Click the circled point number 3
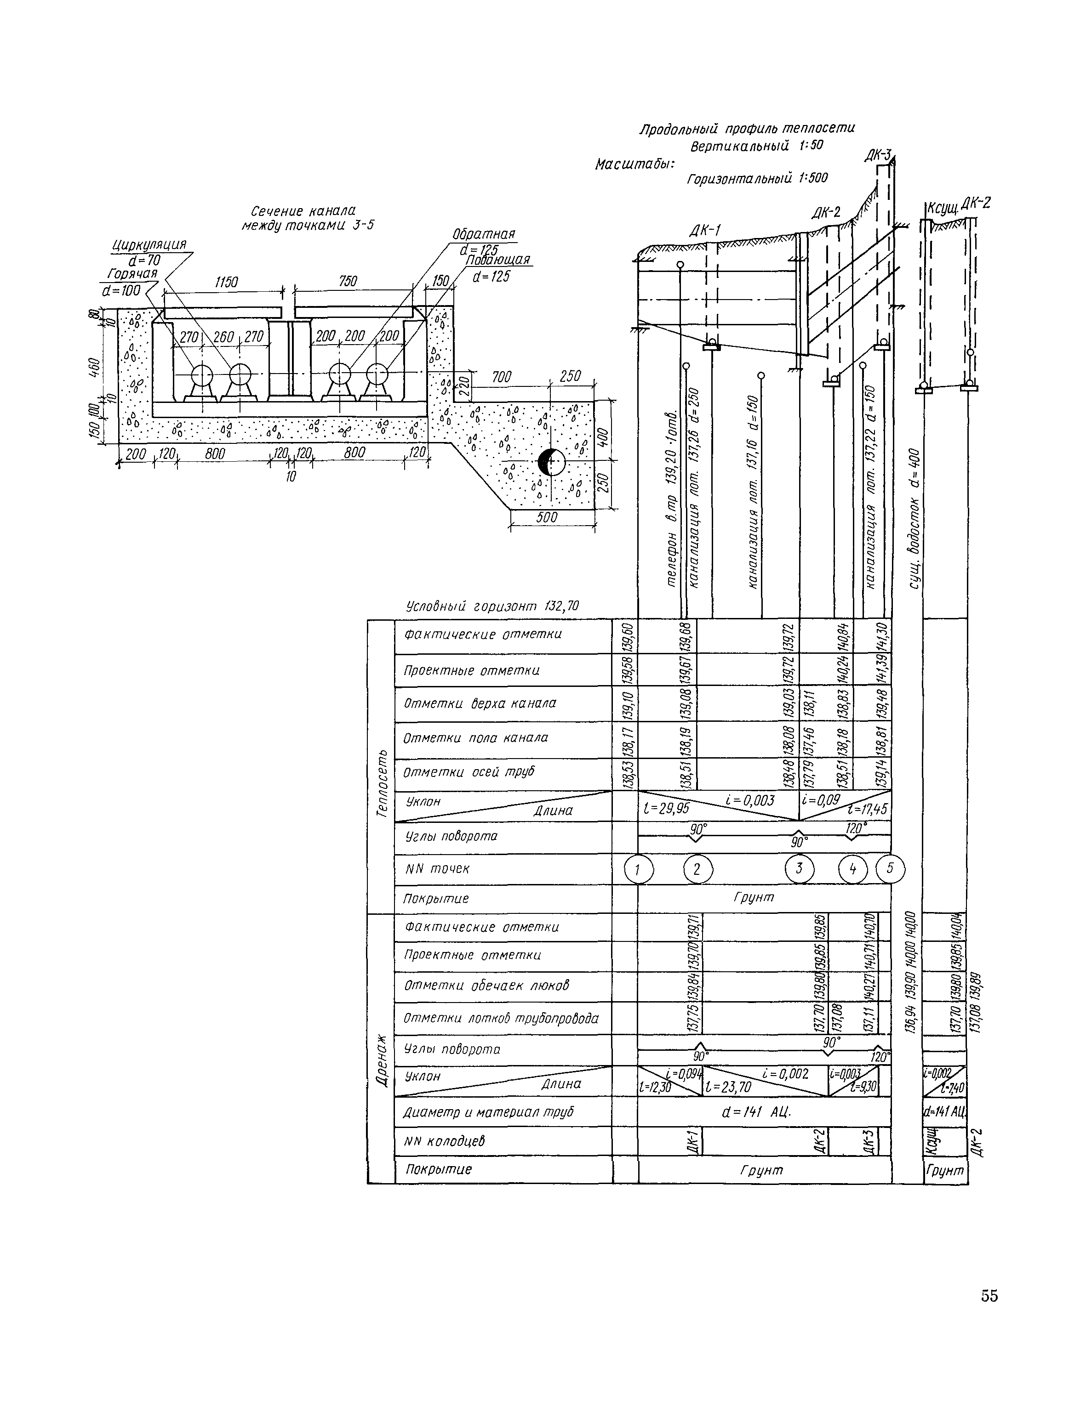(799, 869)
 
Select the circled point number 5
(890, 868)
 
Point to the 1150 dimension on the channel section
(226, 282)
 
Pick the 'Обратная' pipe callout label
(484, 234)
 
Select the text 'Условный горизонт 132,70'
(492, 606)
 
